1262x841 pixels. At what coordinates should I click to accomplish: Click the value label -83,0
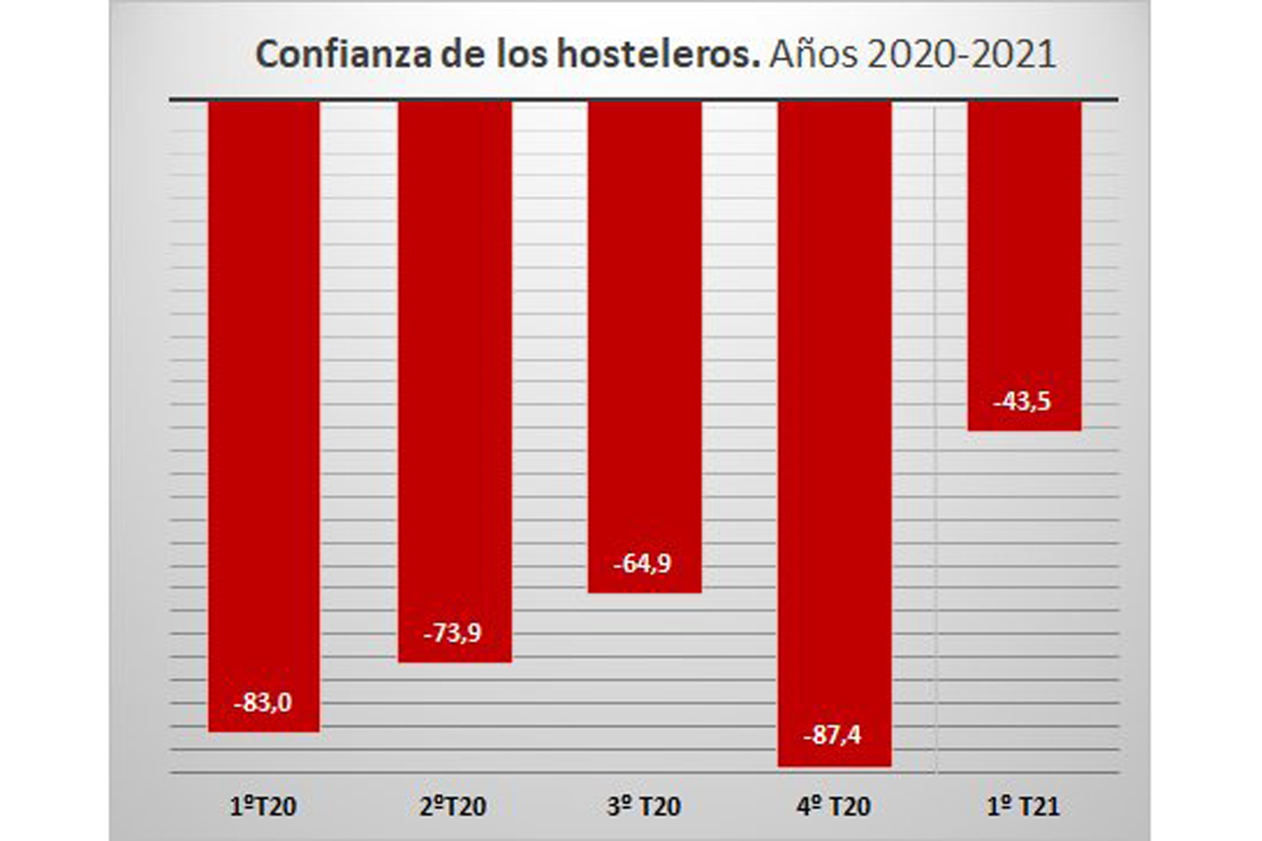(x=263, y=702)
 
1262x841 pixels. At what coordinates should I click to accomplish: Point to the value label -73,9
(x=453, y=633)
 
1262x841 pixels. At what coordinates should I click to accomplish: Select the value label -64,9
(x=643, y=563)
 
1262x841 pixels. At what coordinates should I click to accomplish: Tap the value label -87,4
(x=833, y=734)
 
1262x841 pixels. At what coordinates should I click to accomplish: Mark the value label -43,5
(x=1022, y=402)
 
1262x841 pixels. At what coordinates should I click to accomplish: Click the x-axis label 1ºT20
(x=263, y=807)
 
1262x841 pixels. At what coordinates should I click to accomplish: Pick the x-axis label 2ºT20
(x=453, y=807)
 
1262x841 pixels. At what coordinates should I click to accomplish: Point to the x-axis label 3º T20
(x=643, y=807)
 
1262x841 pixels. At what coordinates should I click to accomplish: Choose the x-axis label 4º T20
(x=834, y=807)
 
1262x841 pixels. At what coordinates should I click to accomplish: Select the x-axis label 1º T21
(x=1024, y=807)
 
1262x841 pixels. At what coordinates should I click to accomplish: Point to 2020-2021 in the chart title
(x=961, y=55)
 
